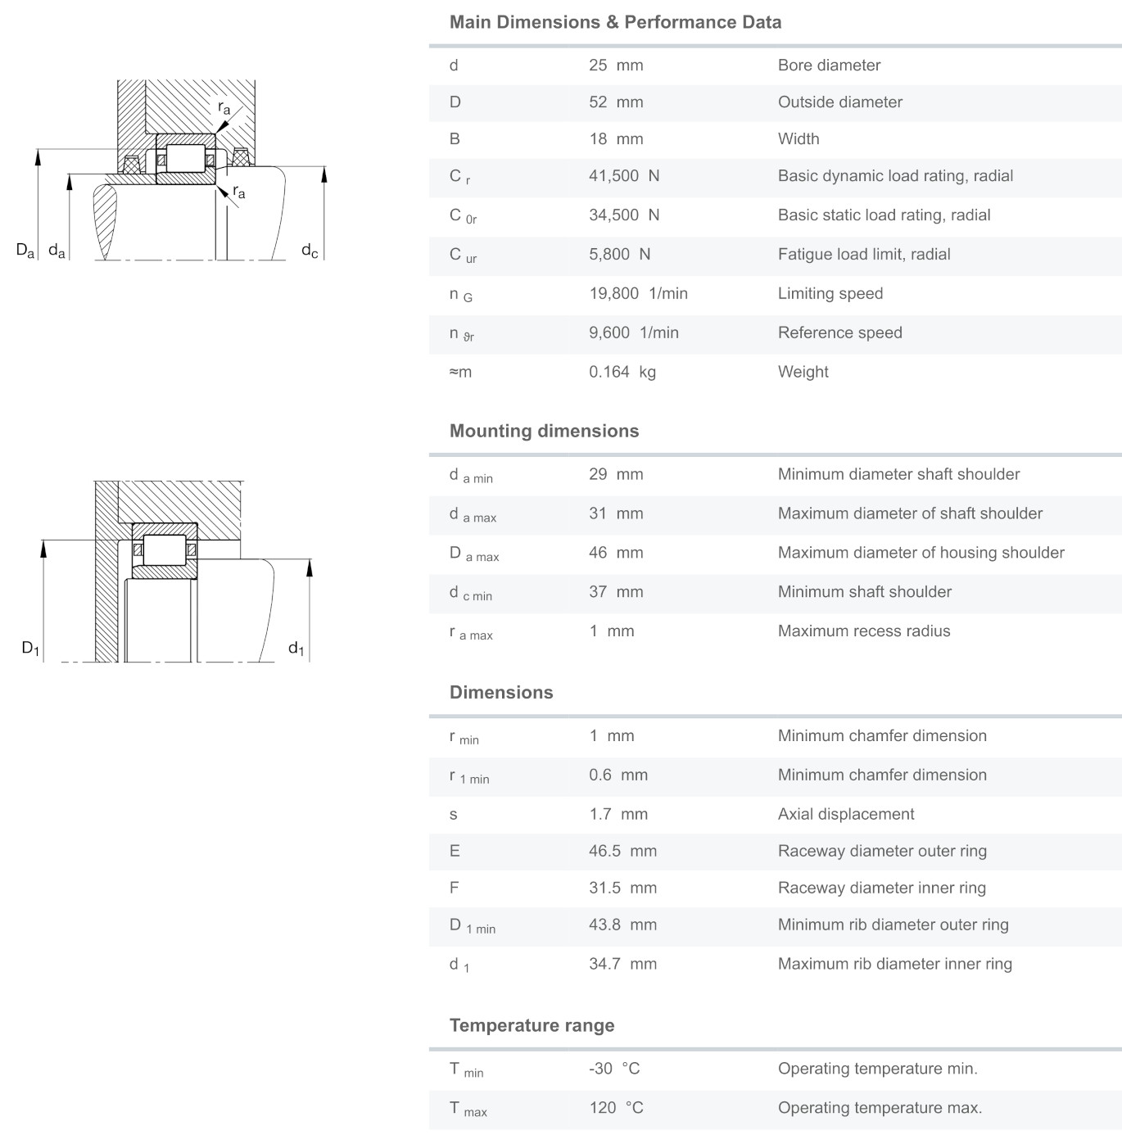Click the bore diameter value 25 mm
[x=616, y=66]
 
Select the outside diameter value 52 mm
[x=616, y=102]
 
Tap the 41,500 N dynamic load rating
[x=624, y=176]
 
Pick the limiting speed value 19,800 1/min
[x=638, y=294]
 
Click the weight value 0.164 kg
[x=622, y=373]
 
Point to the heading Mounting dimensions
[x=544, y=432]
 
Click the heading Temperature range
[x=532, y=1026]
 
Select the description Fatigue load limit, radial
[x=864, y=255]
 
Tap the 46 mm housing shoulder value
[x=616, y=554]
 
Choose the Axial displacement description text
[x=846, y=815]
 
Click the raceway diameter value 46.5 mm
[x=622, y=852]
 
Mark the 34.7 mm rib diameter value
[x=622, y=965]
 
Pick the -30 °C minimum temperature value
[x=614, y=1069]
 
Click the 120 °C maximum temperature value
[x=616, y=1109]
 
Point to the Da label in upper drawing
[x=25, y=251]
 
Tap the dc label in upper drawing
[x=310, y=251]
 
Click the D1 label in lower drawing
[x=30, y=649]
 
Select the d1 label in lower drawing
[x=296, y=649]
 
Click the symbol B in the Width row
[x=455, y=139]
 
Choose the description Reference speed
[x=839, y=333]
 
